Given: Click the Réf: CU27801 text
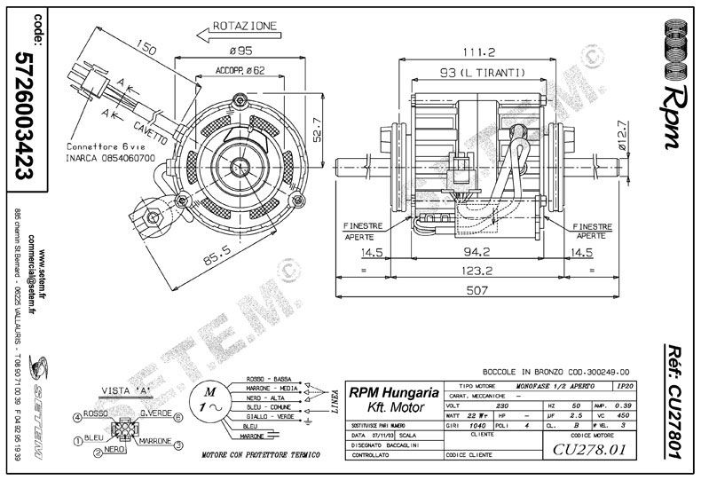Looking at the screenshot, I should pos(674,399).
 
